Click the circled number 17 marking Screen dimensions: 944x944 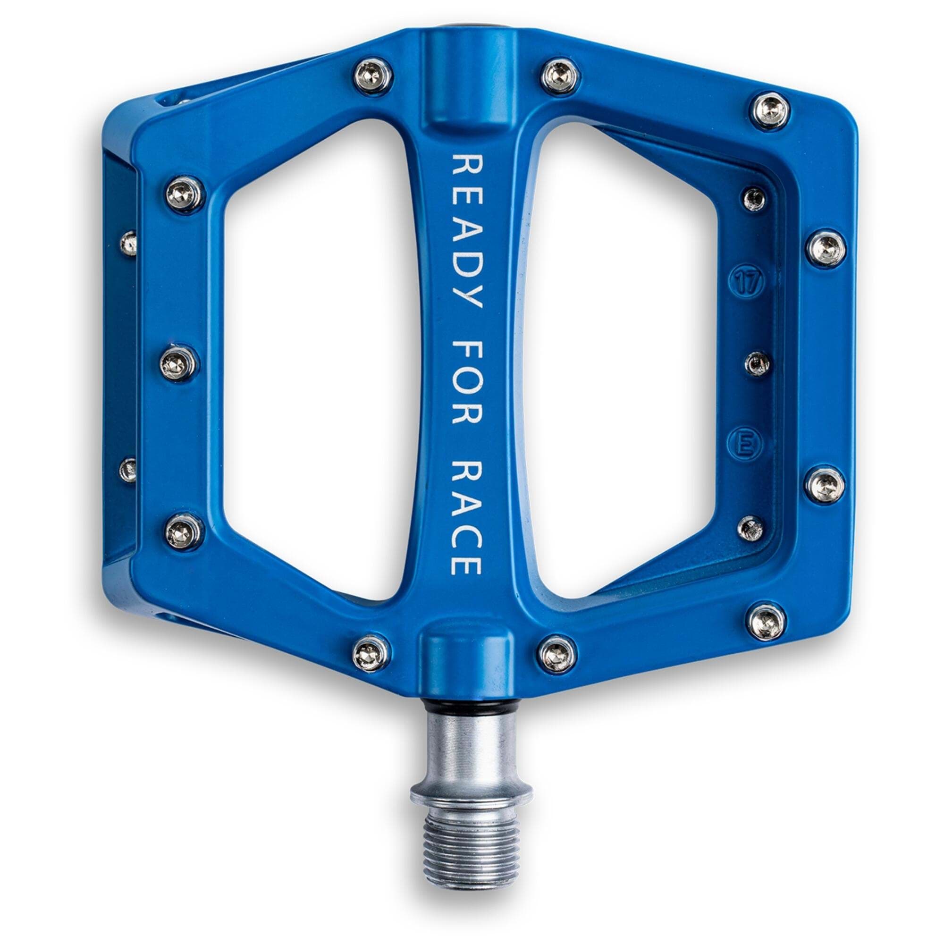747,282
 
